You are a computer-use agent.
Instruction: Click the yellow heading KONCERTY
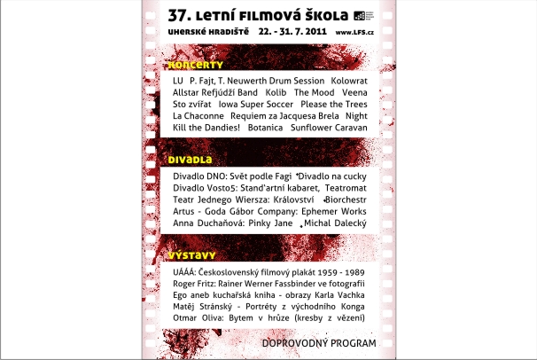[196, 65]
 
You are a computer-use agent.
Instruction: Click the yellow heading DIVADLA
[190, 160]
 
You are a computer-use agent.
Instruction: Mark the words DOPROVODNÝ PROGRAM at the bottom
[319, 342]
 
